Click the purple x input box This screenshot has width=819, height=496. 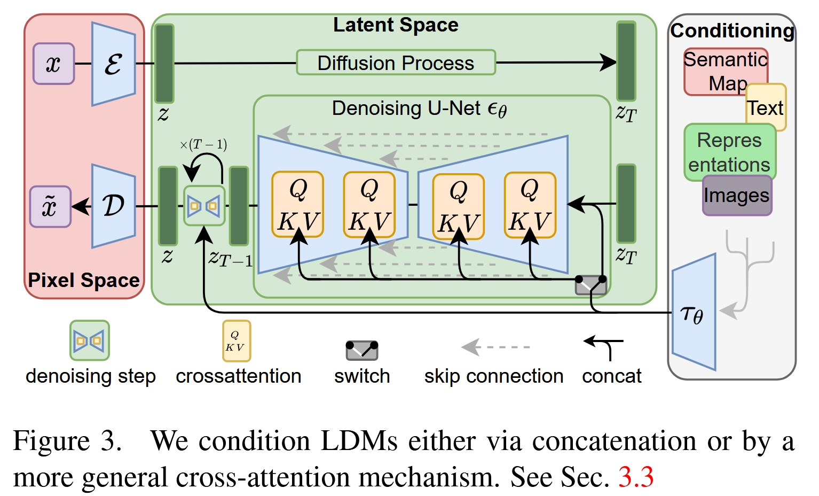point(53,64)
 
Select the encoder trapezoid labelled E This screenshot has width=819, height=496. point(113,64)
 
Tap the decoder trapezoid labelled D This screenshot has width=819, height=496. point(113,206)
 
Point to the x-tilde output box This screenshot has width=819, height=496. point(50,206)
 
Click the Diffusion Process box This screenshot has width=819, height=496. point(396,63)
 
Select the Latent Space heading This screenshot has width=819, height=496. point(396,25)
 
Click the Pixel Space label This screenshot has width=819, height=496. point(84,280)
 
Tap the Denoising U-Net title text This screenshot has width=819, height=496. point(419,108)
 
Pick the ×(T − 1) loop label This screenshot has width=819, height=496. point(203,144)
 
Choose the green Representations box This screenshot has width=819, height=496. point(729,152)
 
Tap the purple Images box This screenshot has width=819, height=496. point(737,196)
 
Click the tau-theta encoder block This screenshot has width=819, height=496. point(694,313)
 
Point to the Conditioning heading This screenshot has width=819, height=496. point(732,30)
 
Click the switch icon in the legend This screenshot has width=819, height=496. point(362,350)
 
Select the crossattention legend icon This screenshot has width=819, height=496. point(236,341)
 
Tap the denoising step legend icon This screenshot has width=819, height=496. point(90,340)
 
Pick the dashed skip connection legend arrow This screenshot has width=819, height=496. point(495,347)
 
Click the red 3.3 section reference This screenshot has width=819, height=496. point(636,476)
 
